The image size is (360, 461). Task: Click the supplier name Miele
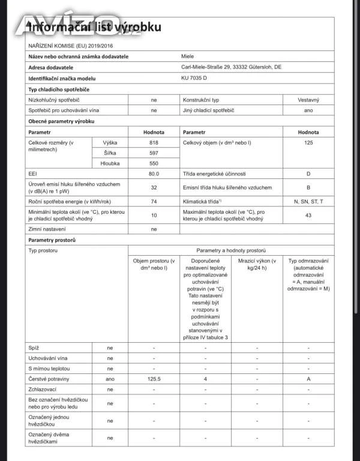(x=188, y=56)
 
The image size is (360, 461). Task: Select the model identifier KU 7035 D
(x=194, y=79)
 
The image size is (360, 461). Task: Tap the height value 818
(x=154, y=143)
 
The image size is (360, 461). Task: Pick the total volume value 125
(x=308, y=143)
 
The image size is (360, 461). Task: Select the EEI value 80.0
(x=154, y=173)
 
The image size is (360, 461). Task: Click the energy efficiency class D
(x=308, y=173)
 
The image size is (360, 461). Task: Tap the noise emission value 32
(x=154, y=188)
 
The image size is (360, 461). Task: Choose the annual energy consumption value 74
(x=154, y=202)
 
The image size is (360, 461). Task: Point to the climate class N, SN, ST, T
(x=308, y=202)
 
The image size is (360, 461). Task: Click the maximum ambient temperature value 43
(x=308, y=215)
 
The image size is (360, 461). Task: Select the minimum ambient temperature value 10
(x=154, y=215)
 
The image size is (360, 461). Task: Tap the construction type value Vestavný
(x=308, y=100)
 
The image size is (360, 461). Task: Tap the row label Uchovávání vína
(x=49, y=358)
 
